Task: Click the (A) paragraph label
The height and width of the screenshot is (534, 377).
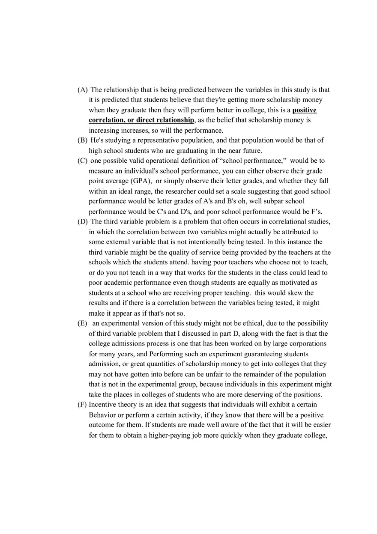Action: (83, 90)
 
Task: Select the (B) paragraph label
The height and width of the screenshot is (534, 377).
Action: (83, 140)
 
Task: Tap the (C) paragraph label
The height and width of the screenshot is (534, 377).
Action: (83, 161)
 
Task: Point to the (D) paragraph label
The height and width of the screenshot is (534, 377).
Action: (83, 221)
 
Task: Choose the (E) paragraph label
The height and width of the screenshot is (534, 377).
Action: (82, 323)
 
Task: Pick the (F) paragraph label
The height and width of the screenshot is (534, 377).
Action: (82, 405)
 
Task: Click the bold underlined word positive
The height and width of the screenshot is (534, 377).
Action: (305, 110)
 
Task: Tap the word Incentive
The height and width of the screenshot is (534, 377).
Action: (102, 405)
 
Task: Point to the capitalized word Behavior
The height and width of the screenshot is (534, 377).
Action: (102, 415)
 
